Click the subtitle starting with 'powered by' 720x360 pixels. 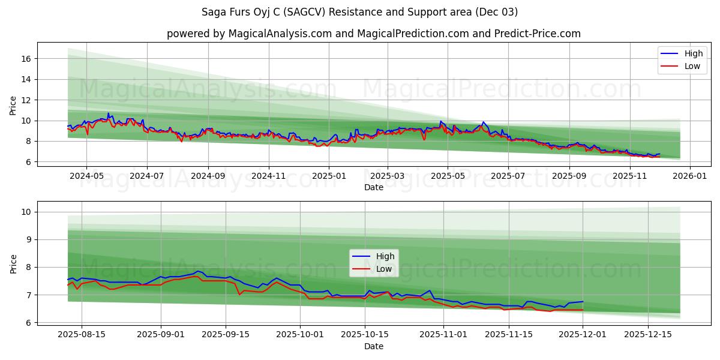373,34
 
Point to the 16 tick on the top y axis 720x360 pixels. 26,59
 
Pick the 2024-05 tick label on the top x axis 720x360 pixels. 86,176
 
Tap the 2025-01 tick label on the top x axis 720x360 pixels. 328,176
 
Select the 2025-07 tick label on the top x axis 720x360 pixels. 508,176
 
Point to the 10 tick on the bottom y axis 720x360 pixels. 26,212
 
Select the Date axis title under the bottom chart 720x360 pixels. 373,346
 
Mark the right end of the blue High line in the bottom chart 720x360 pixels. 583,302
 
